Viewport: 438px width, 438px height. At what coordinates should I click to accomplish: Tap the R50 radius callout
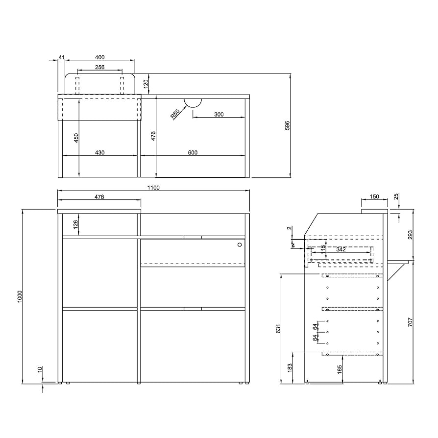175,115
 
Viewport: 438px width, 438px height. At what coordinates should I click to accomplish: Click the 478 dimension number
99,196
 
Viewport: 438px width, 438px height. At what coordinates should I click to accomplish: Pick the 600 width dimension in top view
193,153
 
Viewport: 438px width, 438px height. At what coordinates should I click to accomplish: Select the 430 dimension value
99,153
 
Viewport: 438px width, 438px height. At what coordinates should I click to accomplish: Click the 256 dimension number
99,67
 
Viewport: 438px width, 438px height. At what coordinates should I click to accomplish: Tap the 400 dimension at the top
99,57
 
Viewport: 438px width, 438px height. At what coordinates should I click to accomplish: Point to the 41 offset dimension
61,57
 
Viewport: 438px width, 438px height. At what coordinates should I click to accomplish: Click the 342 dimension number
341,249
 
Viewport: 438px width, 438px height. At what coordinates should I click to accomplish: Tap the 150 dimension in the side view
374,196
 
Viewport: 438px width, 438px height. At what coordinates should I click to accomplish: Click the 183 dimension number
291,367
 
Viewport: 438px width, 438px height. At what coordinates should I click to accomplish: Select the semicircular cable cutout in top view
193,102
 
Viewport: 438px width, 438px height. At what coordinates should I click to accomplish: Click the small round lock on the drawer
239,244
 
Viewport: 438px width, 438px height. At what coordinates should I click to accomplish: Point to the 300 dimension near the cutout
219,114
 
